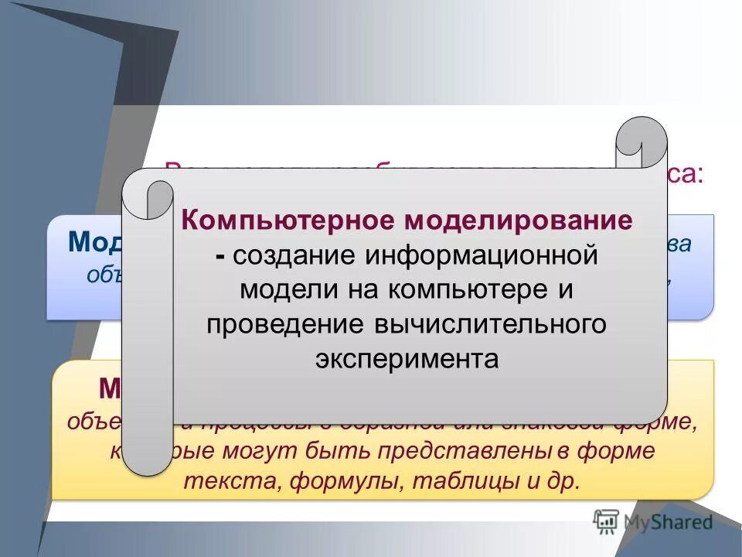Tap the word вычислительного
(x=490, y=325)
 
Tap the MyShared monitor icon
(x=606, y=521)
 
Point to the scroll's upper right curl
(x=642, y=143)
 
